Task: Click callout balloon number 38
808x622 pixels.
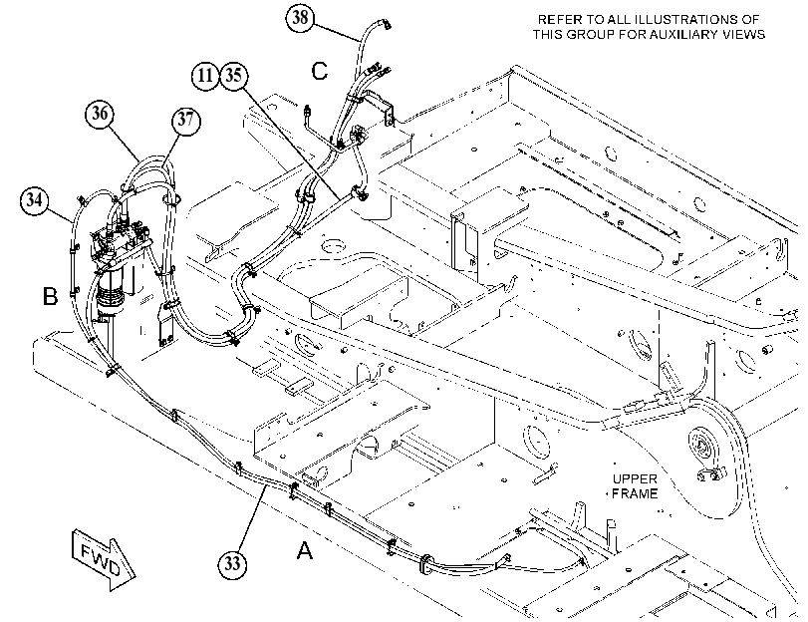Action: tap(300, 17)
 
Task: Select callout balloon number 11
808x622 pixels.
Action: tap(205, 76)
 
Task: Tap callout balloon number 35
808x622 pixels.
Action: tap(234, 76)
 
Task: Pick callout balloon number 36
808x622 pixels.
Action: tap(100, 114)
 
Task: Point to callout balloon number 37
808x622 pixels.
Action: tap(185, 121)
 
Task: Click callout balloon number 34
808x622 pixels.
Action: tap(34, 199)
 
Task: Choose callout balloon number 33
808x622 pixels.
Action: tap(232, 564)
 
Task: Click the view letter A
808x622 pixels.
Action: tap(305, 550)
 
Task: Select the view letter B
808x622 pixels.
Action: tap(50, 297)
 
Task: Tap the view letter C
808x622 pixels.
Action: tap(320, 71)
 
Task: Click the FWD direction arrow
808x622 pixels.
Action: tap(103, 559)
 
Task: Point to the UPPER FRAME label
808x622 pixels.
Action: tap(635, 486)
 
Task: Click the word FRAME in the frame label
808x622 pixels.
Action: tap(635, 493)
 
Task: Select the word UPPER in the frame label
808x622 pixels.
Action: tap(635, 479)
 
